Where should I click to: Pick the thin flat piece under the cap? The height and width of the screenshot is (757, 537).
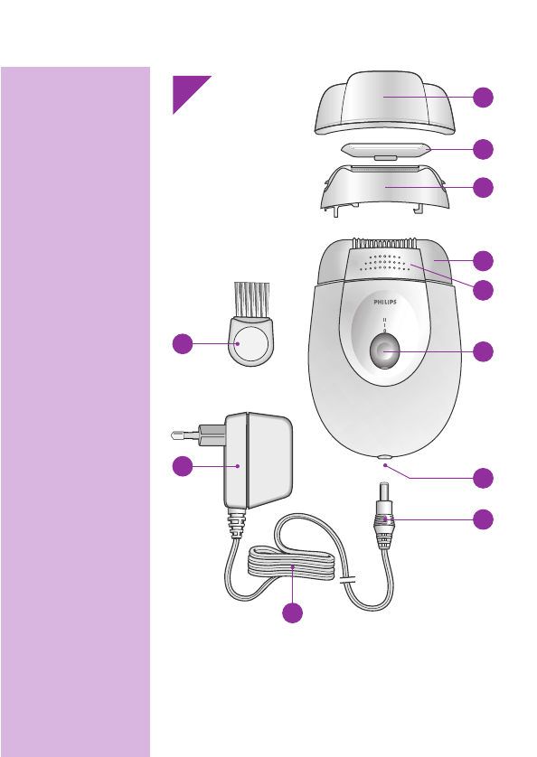pyautogui.click(x=384, y=149)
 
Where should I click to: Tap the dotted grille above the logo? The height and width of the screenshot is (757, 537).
pyautogui.click(x=385, y=263)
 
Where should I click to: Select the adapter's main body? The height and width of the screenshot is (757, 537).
pyautogui.click(x=258, y=461)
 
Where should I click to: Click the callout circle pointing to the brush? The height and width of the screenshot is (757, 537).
pyautogui.click(x=183, y=344)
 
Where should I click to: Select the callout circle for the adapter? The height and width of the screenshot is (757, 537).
pyautogui.click(x=183, y=465)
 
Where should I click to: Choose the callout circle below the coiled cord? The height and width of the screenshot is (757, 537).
pyautogui.click(x=291, y=613)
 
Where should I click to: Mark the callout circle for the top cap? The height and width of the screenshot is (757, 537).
pyautogui.click(x=484, y=97)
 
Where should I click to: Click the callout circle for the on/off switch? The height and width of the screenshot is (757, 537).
pyautogui.click(x=484, y=352)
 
